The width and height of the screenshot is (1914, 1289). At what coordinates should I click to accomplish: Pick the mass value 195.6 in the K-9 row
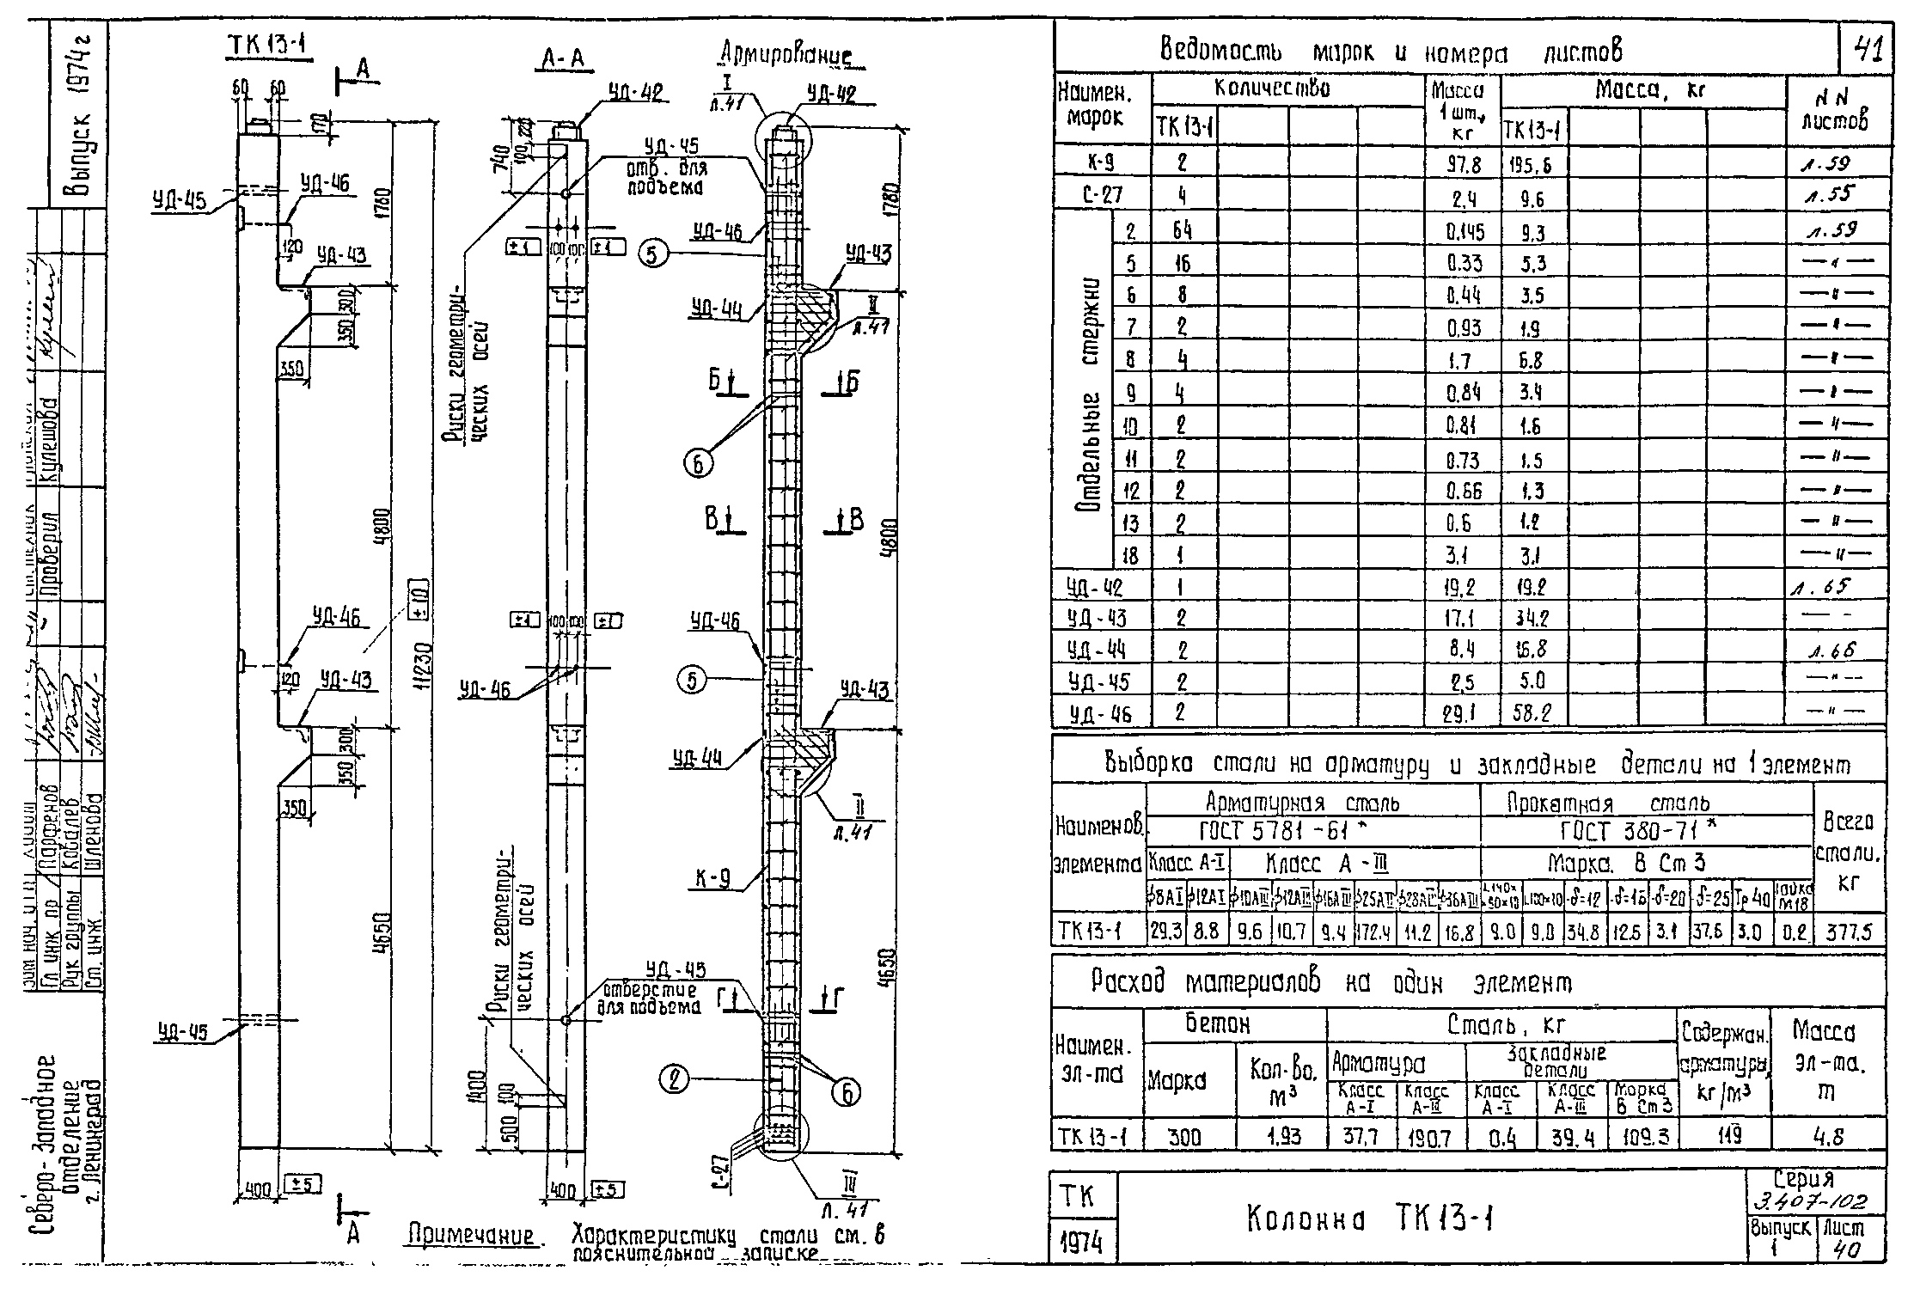pyautogui.click(x=1533, y=165)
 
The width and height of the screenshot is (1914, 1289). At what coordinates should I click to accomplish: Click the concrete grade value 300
pyautogui.click(x=1186, y=1137)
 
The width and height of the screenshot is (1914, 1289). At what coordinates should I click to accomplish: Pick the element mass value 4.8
pyautogui.click(x=1829, y=1137)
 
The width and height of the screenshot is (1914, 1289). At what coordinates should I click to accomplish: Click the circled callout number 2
pyautogui.click(x=676, y=1078)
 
